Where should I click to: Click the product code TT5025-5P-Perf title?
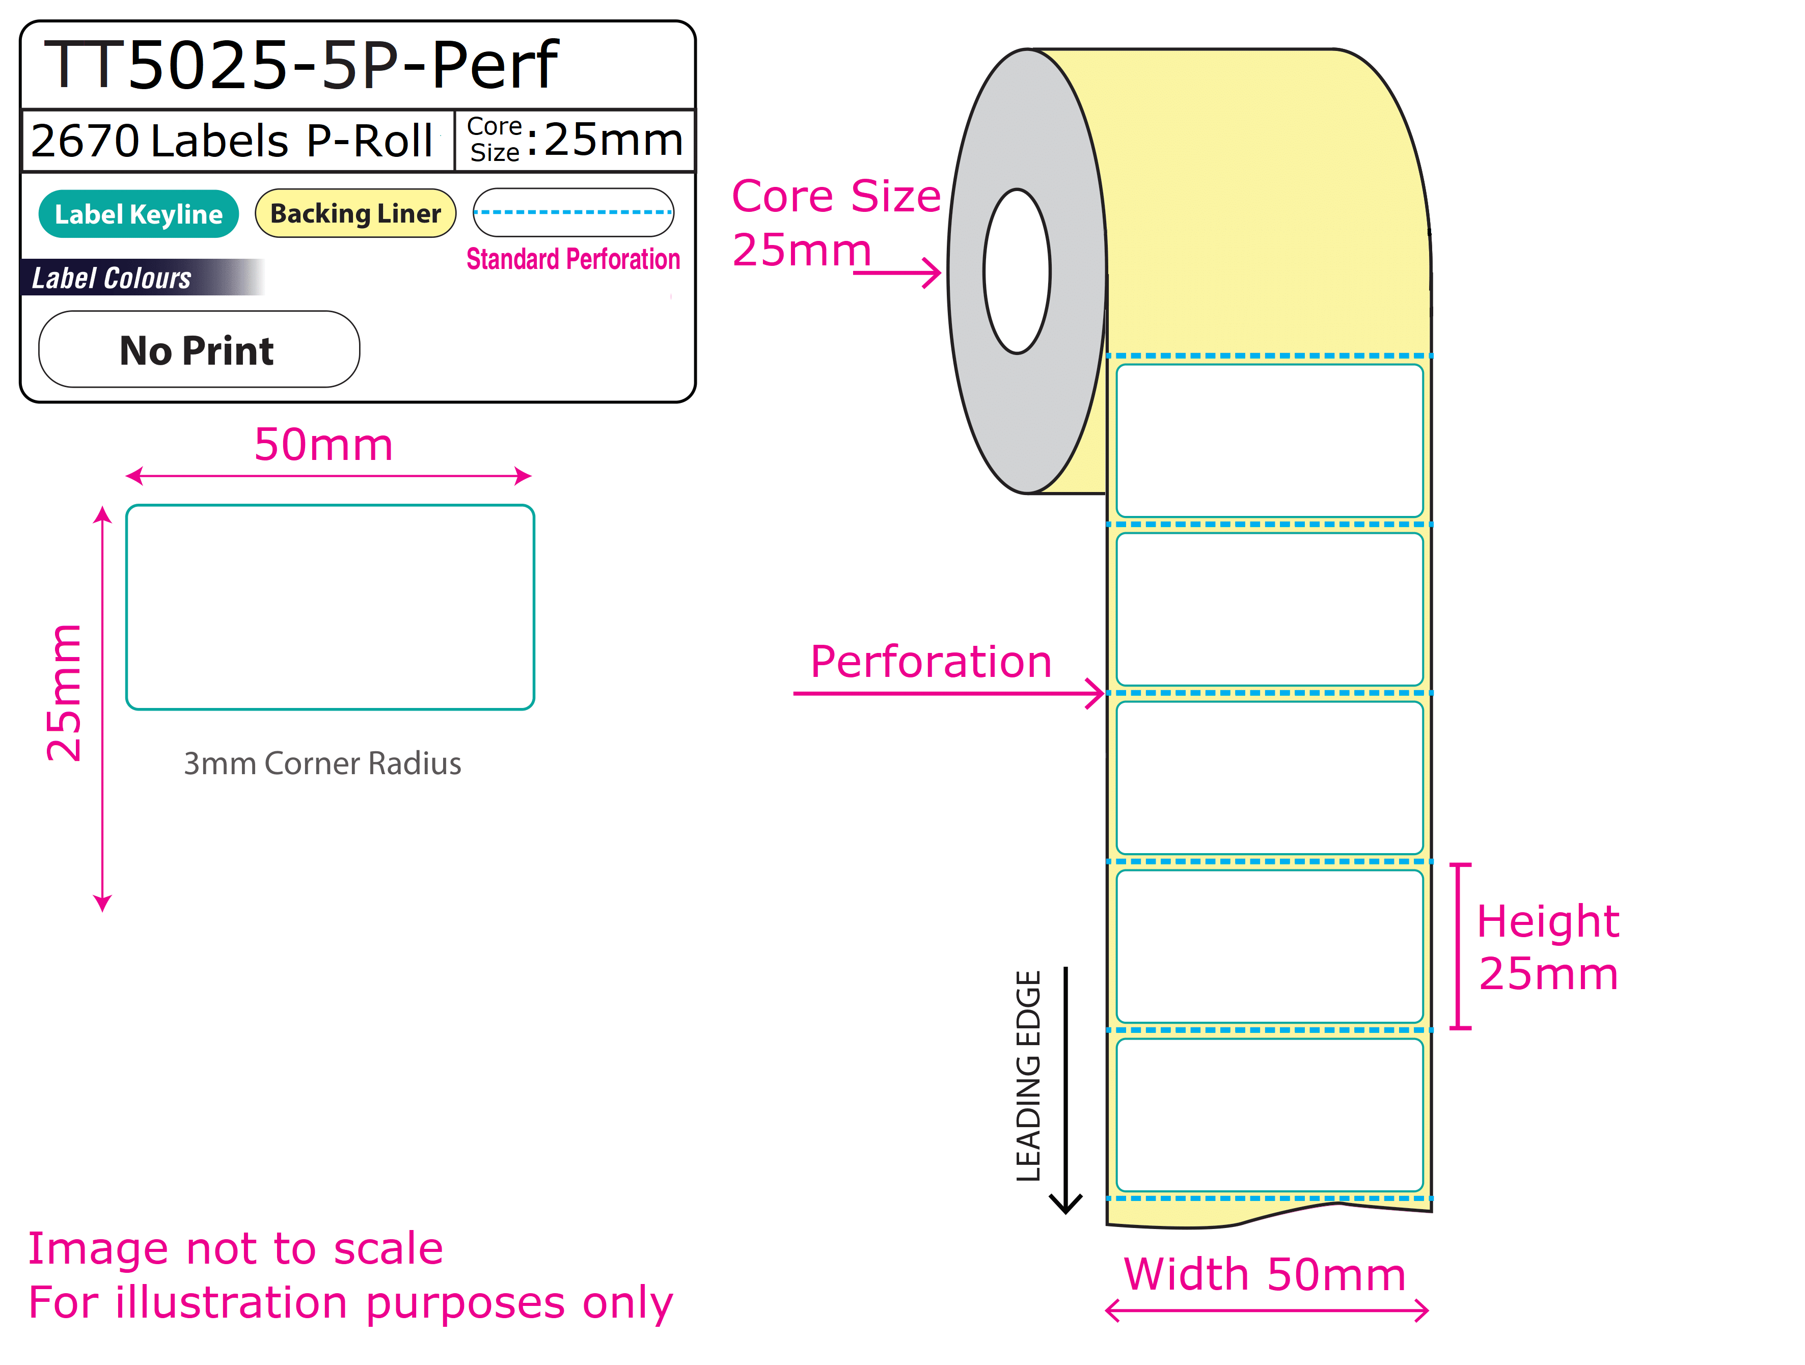coord(300,65)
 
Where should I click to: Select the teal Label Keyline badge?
coord(139,214)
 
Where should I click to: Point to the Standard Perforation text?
coord(573,259)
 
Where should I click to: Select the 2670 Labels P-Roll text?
coord(232,141)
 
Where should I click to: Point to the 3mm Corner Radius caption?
coord(322,763)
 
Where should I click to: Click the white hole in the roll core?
coord(1017,271)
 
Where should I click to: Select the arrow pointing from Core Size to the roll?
coord(897,272)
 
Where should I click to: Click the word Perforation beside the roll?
coord(931,662)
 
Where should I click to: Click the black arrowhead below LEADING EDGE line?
coord(1065,1204)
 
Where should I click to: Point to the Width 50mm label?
coord(1265,1274)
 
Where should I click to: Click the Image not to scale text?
coord(236,1248)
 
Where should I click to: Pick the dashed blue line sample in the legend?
coord(573,212)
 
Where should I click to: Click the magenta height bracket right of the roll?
coord(1460,946)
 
